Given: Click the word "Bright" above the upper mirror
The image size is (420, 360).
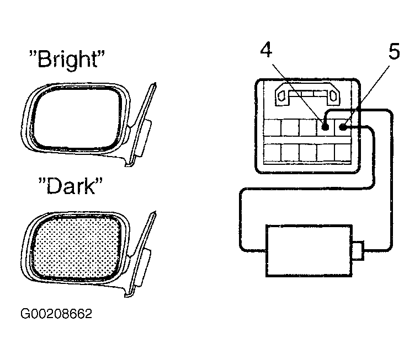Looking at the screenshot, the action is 67,60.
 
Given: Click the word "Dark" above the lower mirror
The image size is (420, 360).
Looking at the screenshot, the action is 71,186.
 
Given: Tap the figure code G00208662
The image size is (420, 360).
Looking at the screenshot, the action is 56,314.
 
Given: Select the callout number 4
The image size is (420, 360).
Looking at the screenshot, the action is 266,50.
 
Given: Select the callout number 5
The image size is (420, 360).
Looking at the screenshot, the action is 394,51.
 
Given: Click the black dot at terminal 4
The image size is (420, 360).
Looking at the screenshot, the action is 325,127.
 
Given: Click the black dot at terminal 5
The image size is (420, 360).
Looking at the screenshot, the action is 342,127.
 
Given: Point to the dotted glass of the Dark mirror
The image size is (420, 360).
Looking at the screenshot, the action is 76,248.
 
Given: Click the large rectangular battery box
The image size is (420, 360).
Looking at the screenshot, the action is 309,251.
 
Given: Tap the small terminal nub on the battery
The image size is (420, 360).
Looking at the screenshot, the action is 358,250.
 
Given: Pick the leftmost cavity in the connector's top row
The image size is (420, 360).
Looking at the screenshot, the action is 272,127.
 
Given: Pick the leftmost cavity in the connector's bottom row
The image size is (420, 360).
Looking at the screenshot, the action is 272,152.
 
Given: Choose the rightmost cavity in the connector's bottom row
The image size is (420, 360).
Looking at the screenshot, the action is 343,152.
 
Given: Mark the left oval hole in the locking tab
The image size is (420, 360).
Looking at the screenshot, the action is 282,96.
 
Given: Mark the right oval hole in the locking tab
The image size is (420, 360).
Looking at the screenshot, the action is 333,96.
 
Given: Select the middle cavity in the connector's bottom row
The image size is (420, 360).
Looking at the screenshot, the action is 307,152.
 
